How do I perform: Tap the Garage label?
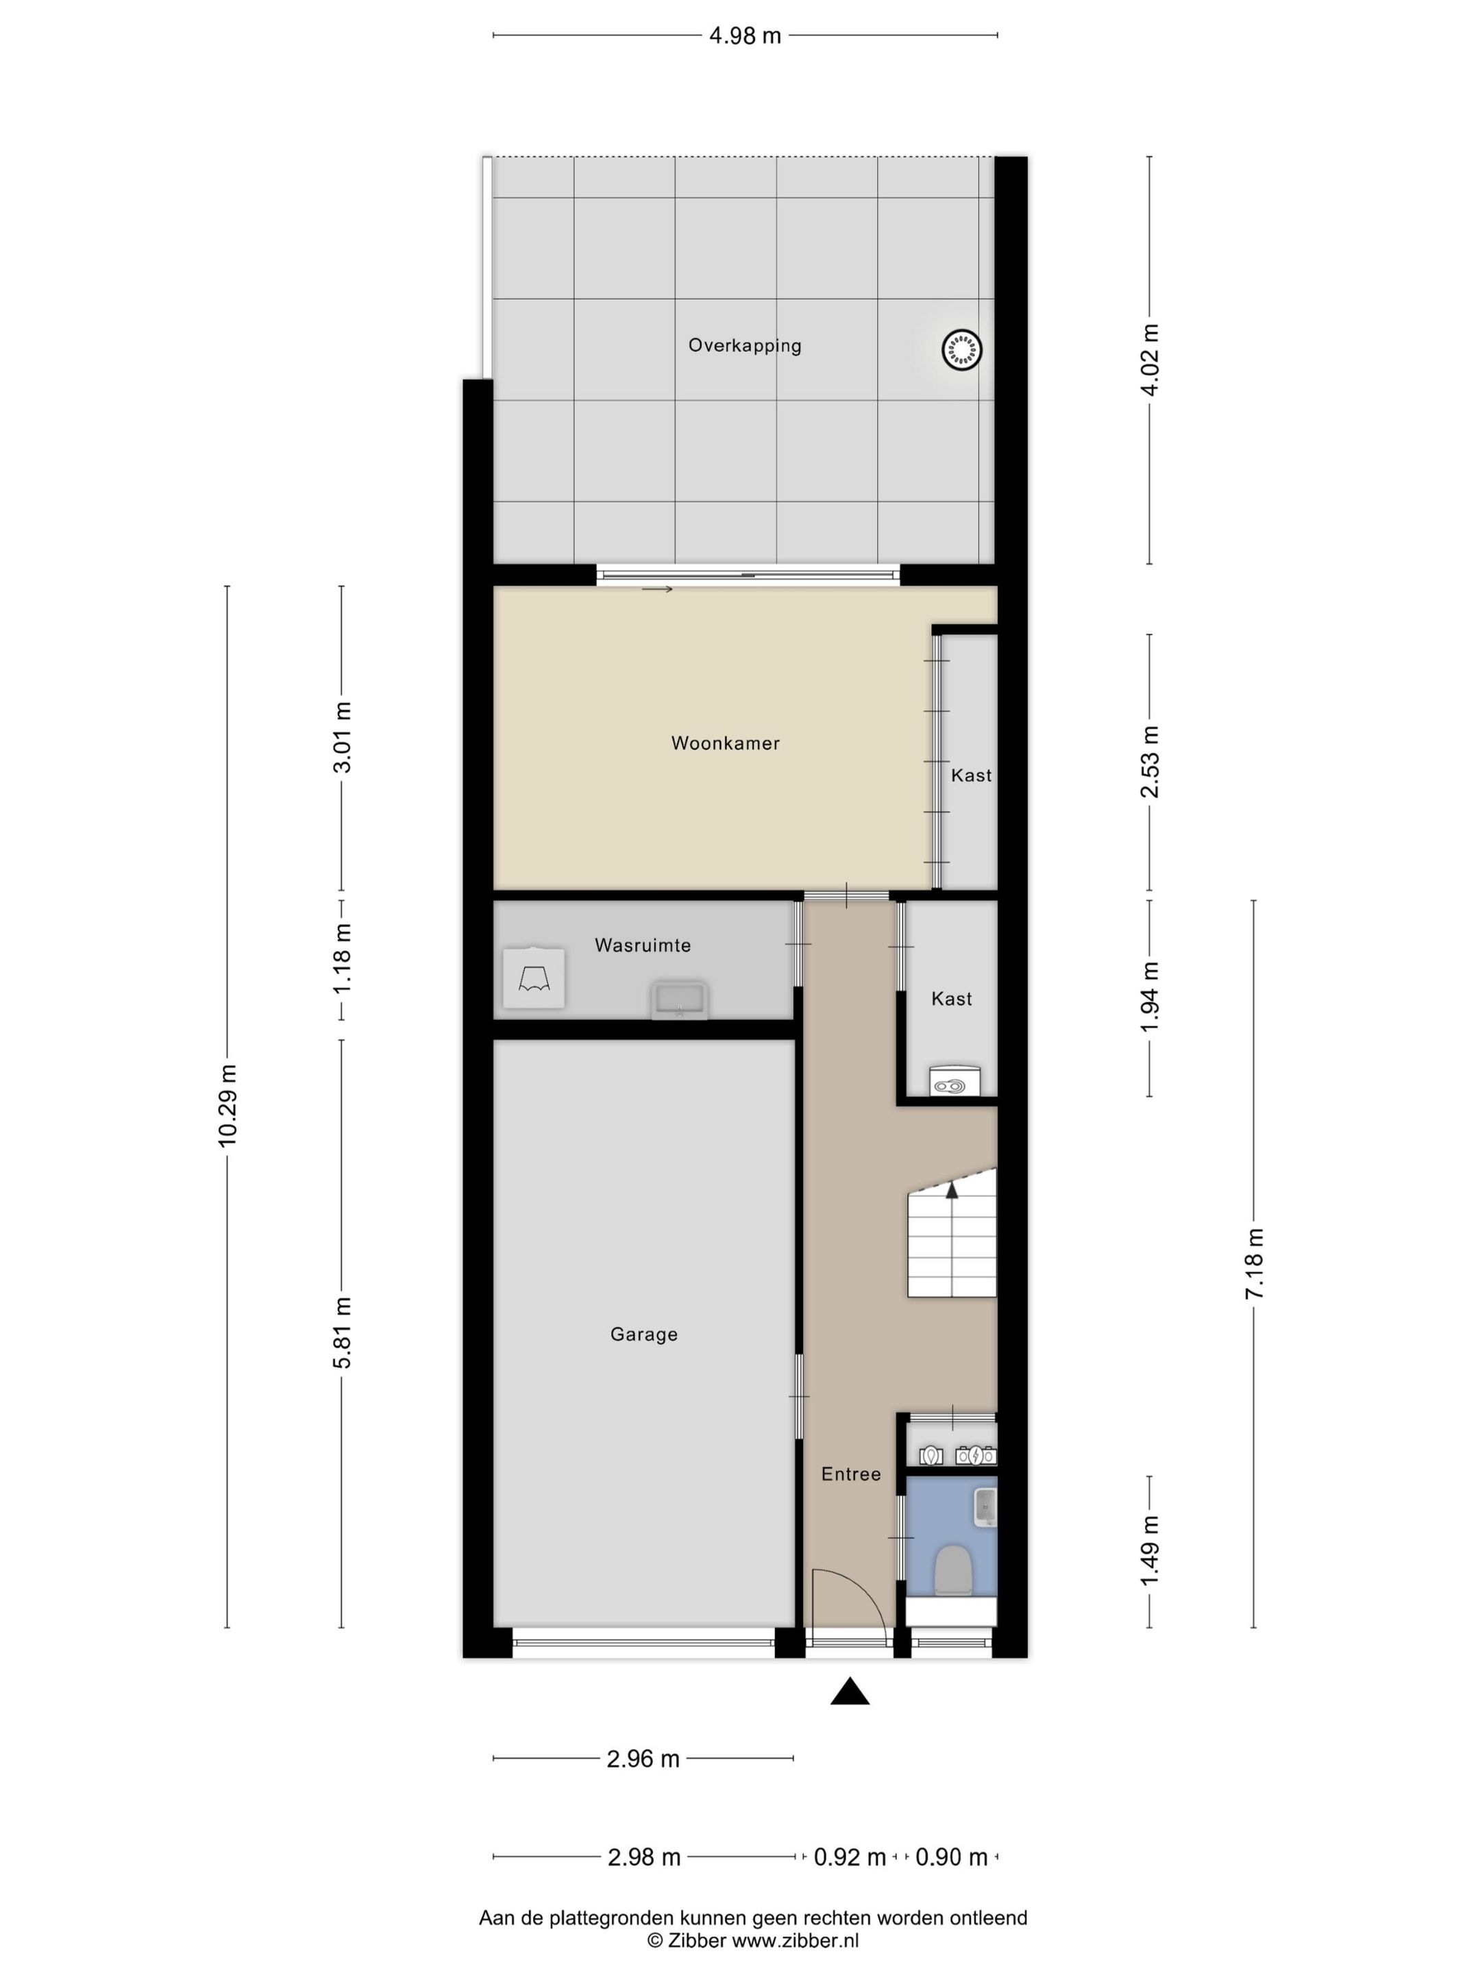tap(643, 1335)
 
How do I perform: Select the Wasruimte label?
tap(642, 945)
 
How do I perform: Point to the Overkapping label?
tap(744, 345)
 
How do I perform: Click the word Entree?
tap(850, 1474)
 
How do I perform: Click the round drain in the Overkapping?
tap(961, 349)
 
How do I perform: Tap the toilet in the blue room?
tap(952, 1570)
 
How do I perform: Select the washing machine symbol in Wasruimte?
tap(534, 978)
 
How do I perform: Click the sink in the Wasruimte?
tap(680, 1000)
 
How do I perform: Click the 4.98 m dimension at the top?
tap(744, 36)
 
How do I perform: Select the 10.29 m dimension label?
tap(227, 1105)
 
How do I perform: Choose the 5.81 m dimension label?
tap(343, 1332)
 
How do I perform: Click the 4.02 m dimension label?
tap(1150, 360)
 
